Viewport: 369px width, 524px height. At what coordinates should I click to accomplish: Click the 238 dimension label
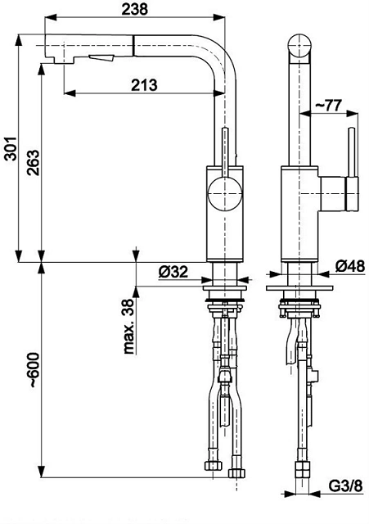[x=134, y=9]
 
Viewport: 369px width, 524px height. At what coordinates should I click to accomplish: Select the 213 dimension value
[x=144, y=85]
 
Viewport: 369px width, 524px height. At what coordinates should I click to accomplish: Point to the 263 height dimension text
[x=34, y=163]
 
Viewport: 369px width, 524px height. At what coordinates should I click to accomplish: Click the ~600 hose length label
[x=34, y=369]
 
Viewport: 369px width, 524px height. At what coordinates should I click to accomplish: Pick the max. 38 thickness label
[x=128, y=327]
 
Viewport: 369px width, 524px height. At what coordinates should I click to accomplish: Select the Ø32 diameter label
[x=173, y=272]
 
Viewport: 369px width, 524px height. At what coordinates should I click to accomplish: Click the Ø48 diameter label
[x=350, y=266]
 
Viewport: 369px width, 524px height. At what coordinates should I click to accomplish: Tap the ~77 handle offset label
[x=329, y=106]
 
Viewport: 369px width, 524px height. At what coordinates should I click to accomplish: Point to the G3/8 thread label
[x=345, y=486]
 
